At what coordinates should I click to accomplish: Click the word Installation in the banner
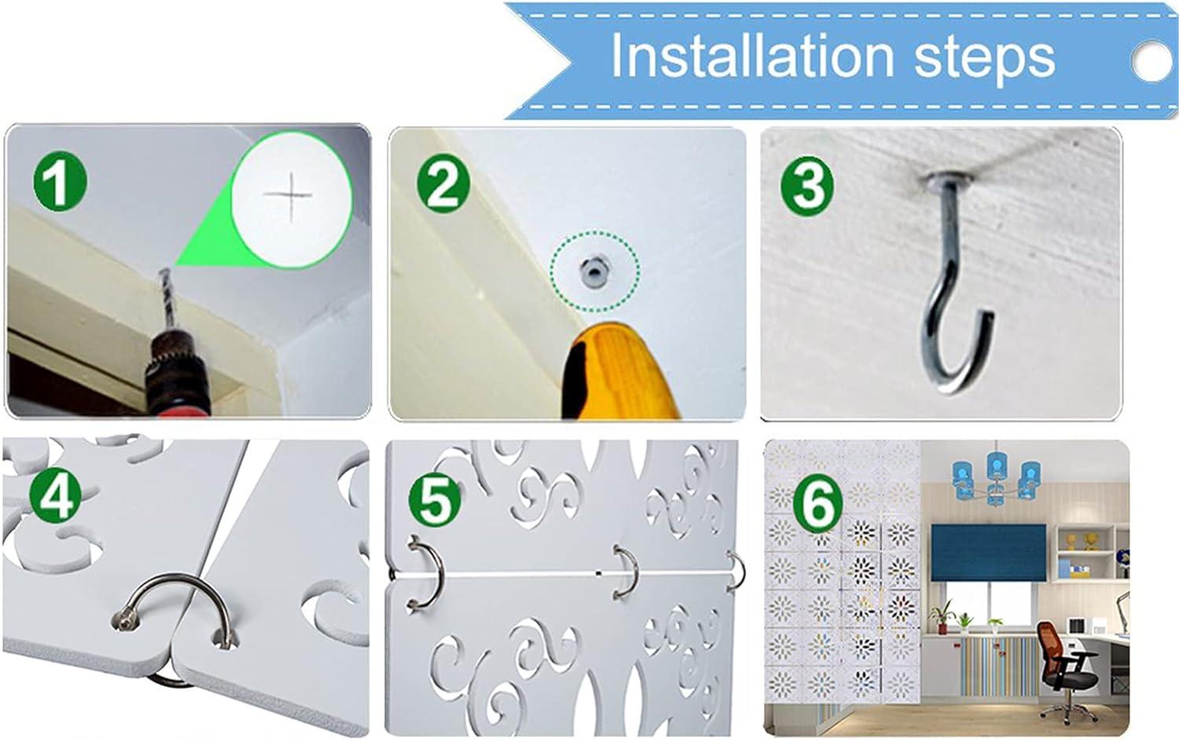pos(752,54)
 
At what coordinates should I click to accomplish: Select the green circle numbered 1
pos(60,182)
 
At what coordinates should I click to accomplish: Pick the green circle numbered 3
pos(807,185)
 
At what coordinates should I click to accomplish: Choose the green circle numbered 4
pos(55,495)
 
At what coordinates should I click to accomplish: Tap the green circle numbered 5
pos(435,499)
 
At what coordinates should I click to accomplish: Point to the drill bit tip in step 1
pos(165,271)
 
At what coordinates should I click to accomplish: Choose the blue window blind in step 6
pos(988,553)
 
